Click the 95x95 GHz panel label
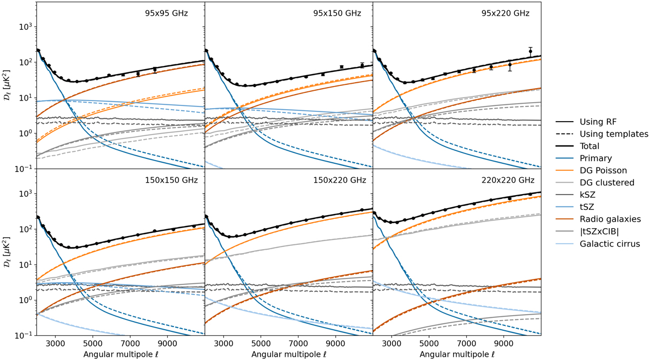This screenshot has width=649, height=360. click(168, 12)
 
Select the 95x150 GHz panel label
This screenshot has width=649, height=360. click(336, 12)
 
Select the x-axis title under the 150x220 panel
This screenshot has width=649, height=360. click(289, 355)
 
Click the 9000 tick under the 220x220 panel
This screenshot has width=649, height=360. click(504, 343)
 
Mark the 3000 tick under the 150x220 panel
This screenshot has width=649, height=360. click(223, 343)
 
